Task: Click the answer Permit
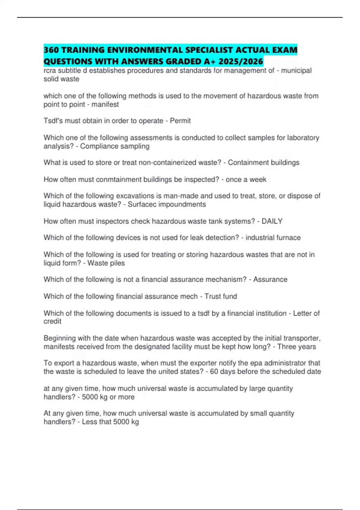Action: point(180,121)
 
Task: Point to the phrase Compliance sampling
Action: point(115,146)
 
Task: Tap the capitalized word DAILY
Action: point(272,221)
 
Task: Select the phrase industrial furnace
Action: point(273,238)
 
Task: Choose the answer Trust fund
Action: point(220,296)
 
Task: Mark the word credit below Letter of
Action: point(52,321)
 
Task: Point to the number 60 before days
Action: point(214,371)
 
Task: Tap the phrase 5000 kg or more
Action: point(108,397)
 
